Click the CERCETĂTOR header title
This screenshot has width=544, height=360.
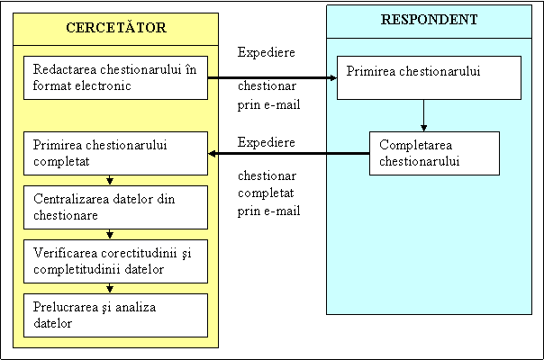click(116, 27)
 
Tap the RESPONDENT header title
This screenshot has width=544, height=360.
click(429, 20)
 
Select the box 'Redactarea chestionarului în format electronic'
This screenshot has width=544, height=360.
click(115, 77)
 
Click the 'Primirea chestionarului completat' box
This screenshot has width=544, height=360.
click(115, 153)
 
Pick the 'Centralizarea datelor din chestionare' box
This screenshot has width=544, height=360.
click(115, 207)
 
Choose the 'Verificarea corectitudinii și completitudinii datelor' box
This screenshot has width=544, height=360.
click(115, 262)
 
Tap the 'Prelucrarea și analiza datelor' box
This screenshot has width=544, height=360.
click(115, 315)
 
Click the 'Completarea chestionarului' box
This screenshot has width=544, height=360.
click(434, 153)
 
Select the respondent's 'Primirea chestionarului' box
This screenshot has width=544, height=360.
click(429, 77)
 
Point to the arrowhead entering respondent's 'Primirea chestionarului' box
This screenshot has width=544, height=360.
click(333, 77)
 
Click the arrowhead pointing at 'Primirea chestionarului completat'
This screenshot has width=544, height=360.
click(212, 153)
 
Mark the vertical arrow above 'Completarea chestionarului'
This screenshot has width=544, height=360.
click(423, 115)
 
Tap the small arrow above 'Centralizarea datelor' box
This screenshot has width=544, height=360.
click(110, 180)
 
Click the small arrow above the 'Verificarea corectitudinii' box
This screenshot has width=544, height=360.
click(110, 235)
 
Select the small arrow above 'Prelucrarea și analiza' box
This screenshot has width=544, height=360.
click(110, 289)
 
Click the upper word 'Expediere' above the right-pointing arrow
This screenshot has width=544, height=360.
click(267, 53)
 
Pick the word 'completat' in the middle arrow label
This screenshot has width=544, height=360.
click(266, 193)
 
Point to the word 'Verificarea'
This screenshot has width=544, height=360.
click(65, 253)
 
